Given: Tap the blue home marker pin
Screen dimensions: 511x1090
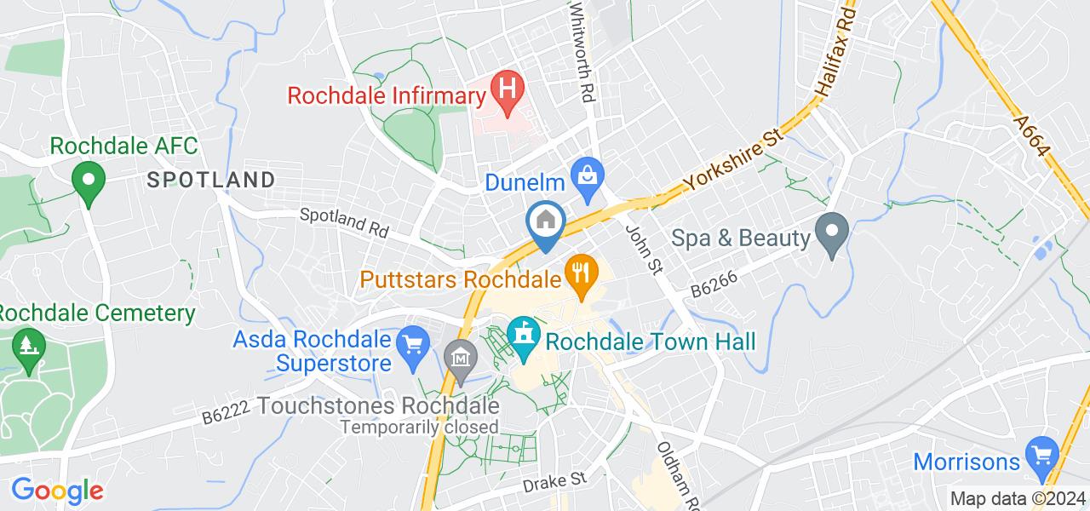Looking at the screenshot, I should [x=545, y=223].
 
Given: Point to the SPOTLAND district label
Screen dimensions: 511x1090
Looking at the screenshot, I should [x=211, y=180].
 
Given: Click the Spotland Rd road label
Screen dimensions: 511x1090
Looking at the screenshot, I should [x=343, y=224].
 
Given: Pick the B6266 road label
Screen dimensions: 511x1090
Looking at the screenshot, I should [x=714, y=282].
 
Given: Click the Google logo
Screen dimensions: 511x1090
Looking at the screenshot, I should [x=57, y=490].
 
